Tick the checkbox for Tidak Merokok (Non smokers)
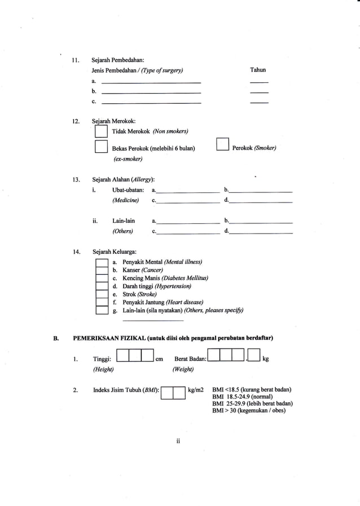(101, 131)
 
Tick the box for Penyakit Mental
(101, 262)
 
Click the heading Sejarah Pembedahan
(117, 60)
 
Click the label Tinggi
(102, 358)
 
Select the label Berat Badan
(190, 358)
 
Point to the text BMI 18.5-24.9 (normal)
(244, 397)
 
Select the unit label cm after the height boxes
(160, 358)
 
